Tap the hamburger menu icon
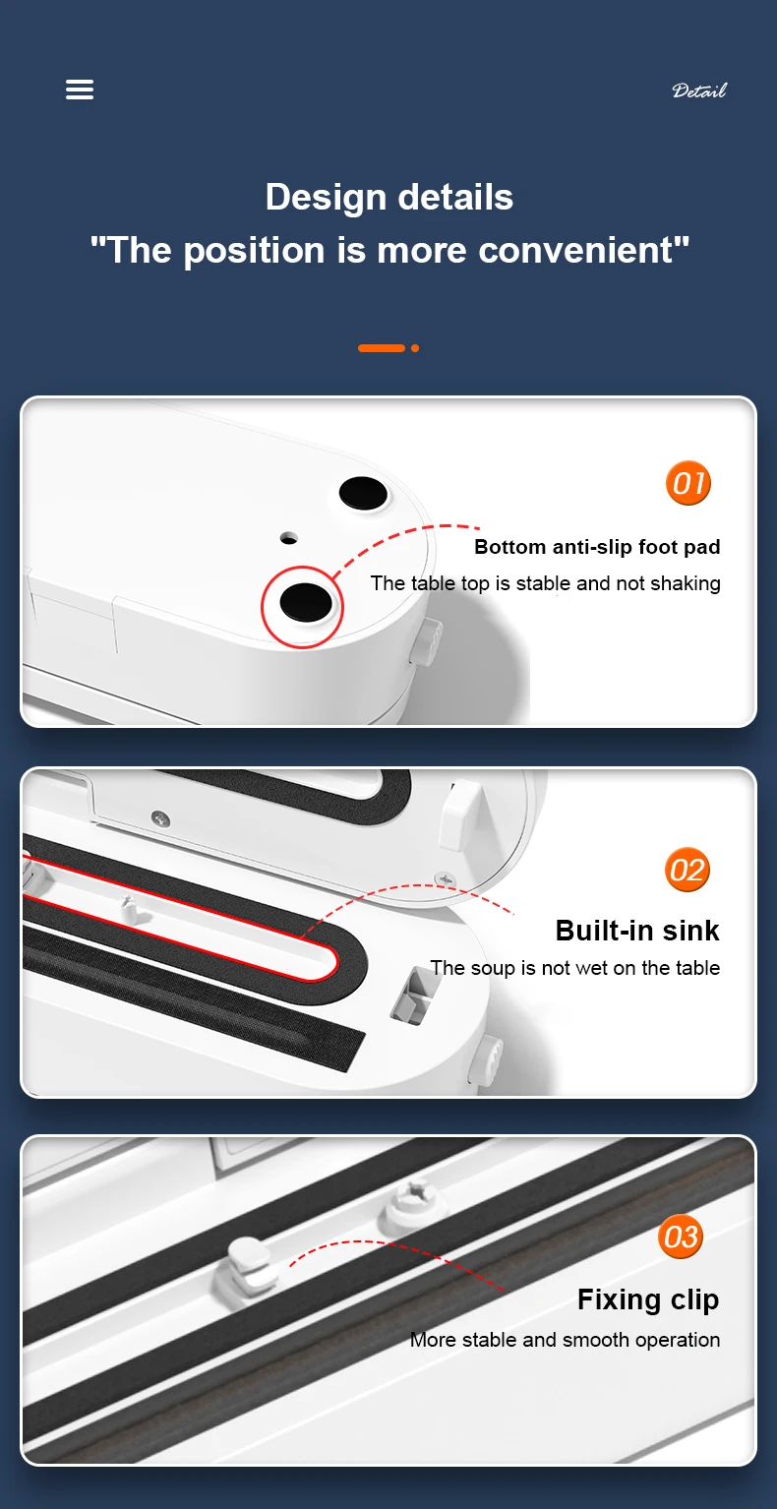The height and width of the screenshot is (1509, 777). coord(80,89)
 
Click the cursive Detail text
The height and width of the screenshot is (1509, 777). coord(699,91)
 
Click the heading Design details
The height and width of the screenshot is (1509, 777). coord(389,197)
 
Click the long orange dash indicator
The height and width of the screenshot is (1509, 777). coord(381,348)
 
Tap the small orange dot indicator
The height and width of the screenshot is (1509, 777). coord(415,348)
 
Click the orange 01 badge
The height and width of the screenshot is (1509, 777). coord(688,483)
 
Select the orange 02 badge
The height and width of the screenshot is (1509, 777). coord(687,870)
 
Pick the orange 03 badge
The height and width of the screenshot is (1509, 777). coord(680,1237)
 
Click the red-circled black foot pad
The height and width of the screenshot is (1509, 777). coord(305,602)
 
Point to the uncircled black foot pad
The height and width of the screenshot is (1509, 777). coord(363,493)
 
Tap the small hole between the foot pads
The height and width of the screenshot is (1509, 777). coord(289,538)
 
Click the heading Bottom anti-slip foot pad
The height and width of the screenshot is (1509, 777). coord(597,546)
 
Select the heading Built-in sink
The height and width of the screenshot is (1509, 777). coord(637,931)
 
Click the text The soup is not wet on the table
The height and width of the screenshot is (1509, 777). coord(575,968)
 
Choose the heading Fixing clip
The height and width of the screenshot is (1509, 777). coord(648,1300)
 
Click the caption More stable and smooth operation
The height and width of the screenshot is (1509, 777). coord(565,1340)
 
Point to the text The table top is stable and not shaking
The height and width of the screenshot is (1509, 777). coord(546,583)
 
